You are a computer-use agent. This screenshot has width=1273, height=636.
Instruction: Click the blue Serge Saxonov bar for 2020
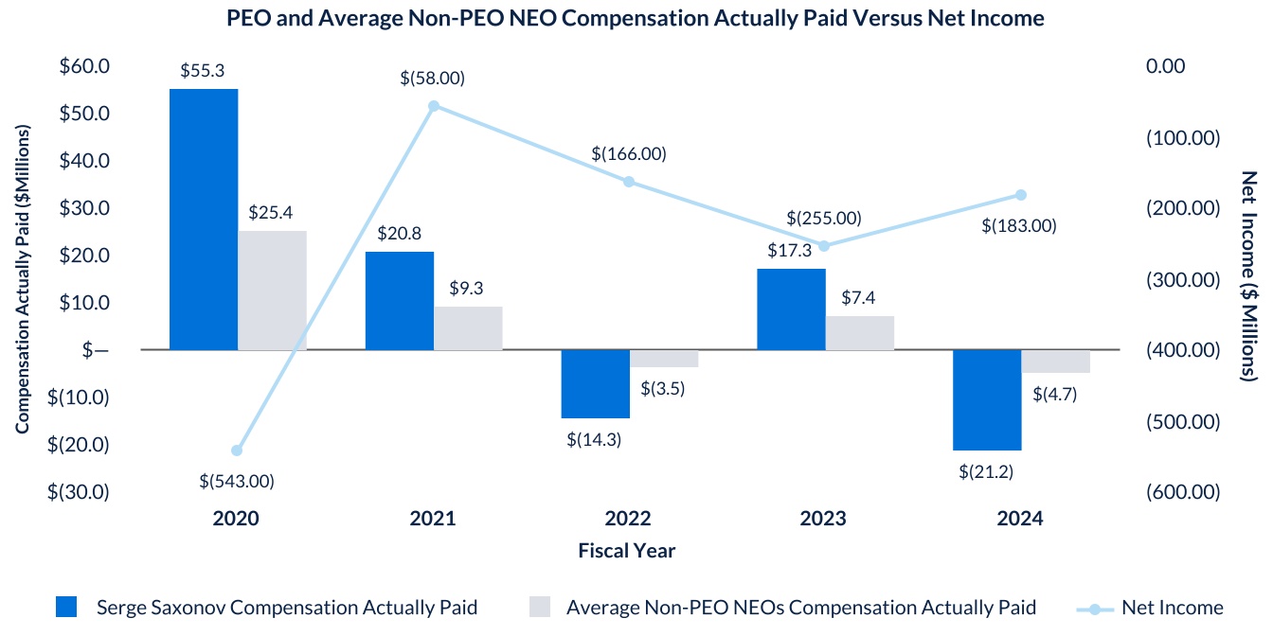click(204, 220)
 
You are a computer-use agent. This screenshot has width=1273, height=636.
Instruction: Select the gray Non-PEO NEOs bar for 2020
click(272, 291)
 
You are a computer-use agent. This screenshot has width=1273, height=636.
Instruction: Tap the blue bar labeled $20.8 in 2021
click(400, 301)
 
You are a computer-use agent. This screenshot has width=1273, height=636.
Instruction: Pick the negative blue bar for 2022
click(595, 383)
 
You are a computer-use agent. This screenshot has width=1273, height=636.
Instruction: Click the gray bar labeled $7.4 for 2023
click(860, 333)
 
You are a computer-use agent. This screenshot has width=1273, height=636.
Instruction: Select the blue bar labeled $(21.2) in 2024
click(987, 399)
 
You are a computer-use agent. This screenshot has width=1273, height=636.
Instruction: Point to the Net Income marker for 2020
click(237, 450)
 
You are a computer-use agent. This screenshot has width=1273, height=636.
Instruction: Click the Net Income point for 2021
click(434, 106)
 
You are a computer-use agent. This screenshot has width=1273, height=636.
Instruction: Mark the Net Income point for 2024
click(1021, 195)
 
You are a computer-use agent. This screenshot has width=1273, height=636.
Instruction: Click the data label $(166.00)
click(629, 153)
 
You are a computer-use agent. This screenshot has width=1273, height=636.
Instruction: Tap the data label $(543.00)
click(237, 481)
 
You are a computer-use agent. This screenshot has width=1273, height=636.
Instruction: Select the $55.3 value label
click(203, 71)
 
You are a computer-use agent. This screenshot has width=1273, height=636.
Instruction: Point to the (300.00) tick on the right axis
click(1180, 279)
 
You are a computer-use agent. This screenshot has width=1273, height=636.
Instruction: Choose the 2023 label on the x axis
click(823, 519)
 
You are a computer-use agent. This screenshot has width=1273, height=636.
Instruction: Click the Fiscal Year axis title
click(627, 550)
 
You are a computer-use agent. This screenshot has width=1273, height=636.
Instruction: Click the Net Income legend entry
click(1172, 608)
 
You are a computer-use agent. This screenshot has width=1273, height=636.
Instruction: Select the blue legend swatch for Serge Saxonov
click(67, 608)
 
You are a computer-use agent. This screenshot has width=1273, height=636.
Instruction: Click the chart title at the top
click(636, 18)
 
